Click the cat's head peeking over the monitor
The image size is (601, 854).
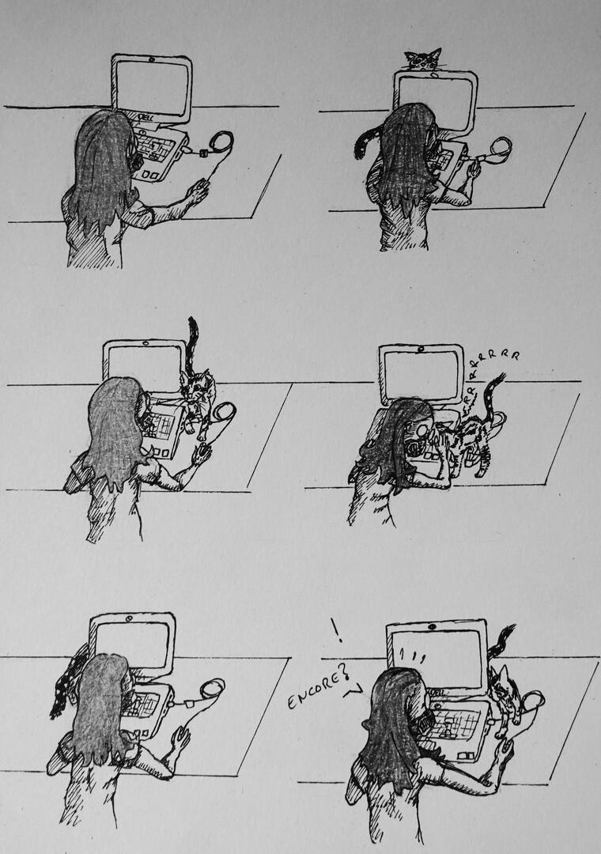[423, 59]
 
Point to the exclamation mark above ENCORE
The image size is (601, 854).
[335, 629]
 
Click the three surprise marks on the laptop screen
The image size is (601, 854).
[412, 656]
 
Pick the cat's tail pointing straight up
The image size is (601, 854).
[192, 344]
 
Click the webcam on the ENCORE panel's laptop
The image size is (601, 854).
[431, 627]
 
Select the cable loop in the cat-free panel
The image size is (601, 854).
[221, 143]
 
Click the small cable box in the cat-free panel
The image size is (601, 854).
[202, 153]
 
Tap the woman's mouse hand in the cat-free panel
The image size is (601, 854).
[197, 191]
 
